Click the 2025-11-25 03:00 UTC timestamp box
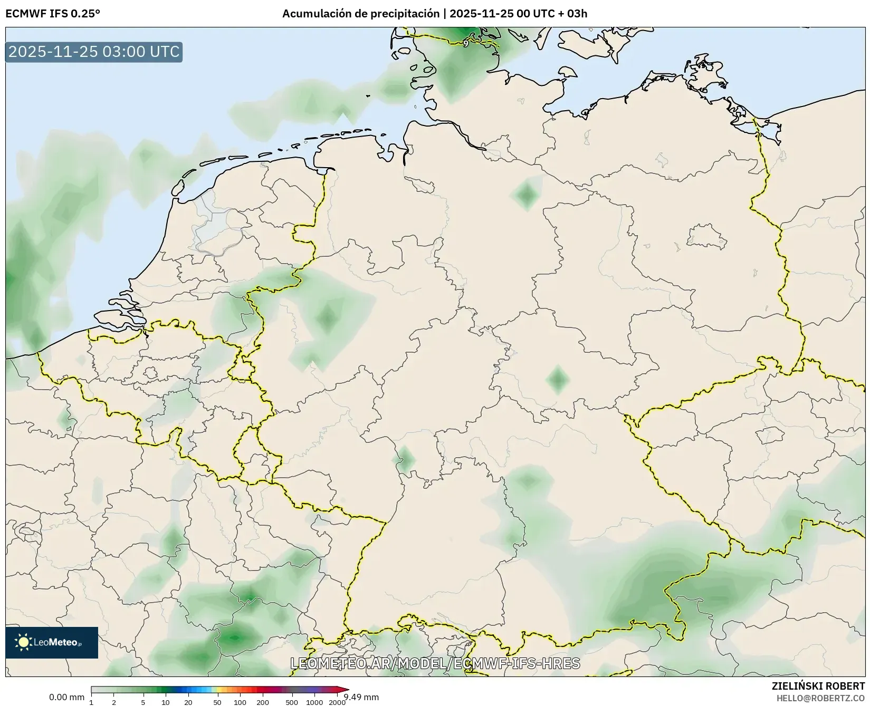pyautogui.click(x=94, y=52)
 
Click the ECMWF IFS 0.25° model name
pyautogui.click(x=53, y=14)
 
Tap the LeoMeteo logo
pyautogui.click(x=52, y=642)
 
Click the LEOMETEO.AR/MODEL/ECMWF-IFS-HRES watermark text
pyautogui.click(x=435, y=663)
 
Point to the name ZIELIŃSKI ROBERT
pyautogui.click(x=818, y=686)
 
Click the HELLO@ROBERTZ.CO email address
pyautogui.click(x=820, y=698)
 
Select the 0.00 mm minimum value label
pyautogui.click(x=66, y=697)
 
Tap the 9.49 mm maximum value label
pyautogui.click(x=361, y=697)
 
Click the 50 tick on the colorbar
pyautogui.click(x=217, y=702)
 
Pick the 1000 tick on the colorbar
pyautogui.click(x=314, y=702)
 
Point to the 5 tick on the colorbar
pyautogui.click(x=143, y=702)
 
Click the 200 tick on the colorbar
pyautogui.click(x=263, y=702)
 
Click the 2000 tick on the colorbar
pyautogui.click(x=337, y=702)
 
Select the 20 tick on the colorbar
pyautogui.click(x=188, y=702)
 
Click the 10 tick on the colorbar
pyautogui.click(x=166, y=702)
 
